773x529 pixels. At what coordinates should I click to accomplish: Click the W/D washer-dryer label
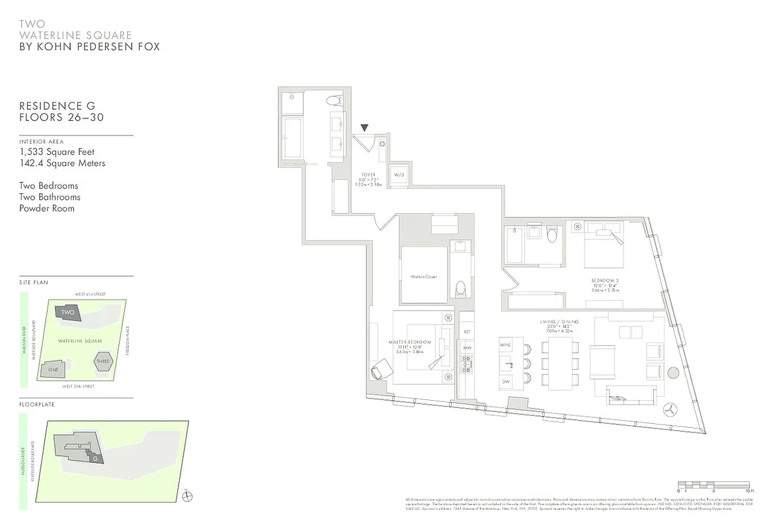point(399,175)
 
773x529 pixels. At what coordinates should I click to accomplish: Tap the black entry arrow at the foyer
point(364,128)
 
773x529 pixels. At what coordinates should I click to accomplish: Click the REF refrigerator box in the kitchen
point(466,331)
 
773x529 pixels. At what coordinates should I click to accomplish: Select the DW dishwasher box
point(507,382)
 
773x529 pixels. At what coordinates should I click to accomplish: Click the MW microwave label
point(466,347)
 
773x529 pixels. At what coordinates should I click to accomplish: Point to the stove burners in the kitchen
point(466,362)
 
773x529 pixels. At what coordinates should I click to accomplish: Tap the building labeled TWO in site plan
point(67,312)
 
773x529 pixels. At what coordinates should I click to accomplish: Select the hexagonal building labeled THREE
point(103,362)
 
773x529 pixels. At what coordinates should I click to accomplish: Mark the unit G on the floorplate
point(95,458)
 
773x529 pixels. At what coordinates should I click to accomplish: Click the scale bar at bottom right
point(713,485)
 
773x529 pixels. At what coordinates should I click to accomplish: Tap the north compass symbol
point(186,497)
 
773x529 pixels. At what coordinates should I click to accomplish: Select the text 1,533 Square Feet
point(57,152)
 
